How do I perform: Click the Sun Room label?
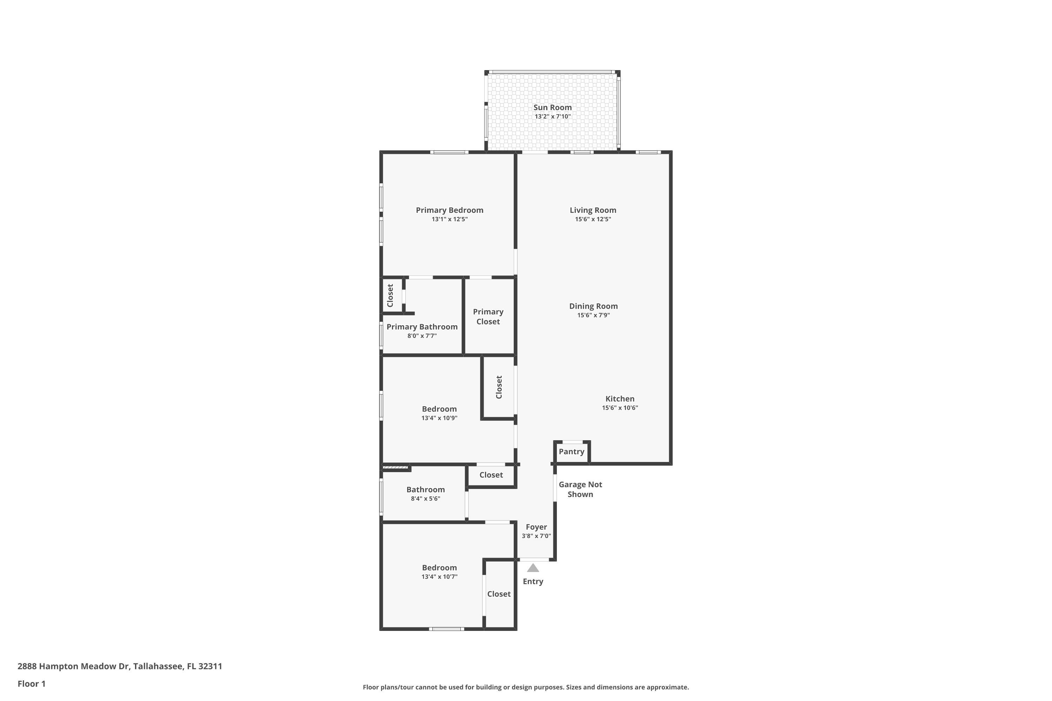552,107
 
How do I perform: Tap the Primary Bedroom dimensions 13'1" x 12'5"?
450,219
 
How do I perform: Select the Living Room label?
593,210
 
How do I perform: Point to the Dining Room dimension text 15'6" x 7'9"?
593,315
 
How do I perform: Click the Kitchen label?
620,399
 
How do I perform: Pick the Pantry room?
571,451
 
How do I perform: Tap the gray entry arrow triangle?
533,568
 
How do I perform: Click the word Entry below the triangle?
533,581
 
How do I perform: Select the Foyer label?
536,527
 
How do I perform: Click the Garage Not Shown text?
580,489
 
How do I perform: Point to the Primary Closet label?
488,317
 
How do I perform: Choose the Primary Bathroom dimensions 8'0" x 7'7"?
422,336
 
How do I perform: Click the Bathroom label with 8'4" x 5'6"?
425,490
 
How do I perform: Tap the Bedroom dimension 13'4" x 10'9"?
439,418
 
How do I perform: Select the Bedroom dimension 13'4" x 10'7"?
439,577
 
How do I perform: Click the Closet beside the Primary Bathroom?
390,295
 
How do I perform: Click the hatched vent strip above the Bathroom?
396,468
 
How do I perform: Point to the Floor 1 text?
31,683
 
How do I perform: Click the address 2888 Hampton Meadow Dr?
120,666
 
